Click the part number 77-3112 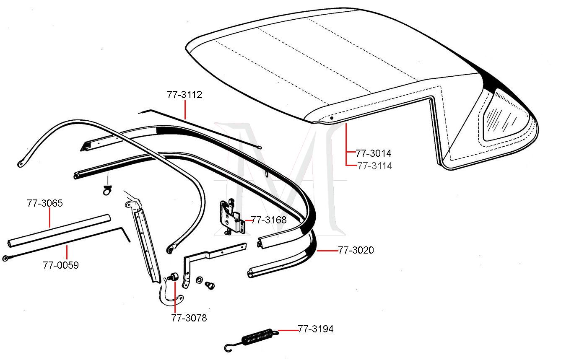pyautogui.click(x=184, y=95)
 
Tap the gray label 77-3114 pyautogui.click(x=375, y=166)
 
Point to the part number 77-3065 pyautogui.click(x=45, y=203)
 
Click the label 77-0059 pyautogui.click(x=61, y=265)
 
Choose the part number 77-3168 pyautogui.click(x=269, y=220)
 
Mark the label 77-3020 pyautogui.click(x=356, y=250)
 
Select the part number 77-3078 pyautogui.click(x=189, y=318)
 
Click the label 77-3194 pyautogui.click(x=316, y=329)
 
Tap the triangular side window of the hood pyautogui.click(x=505, y=115)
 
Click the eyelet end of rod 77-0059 pyautogui.click(x=7, y=258)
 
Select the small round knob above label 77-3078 pyautogui.click(x=173, y=277)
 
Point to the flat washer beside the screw pyautogui.click(x=199, y=279)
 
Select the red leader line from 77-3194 pyautogui.click(x=287, y=330)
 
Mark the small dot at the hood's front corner pyautogui.click(x=331, y=118)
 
